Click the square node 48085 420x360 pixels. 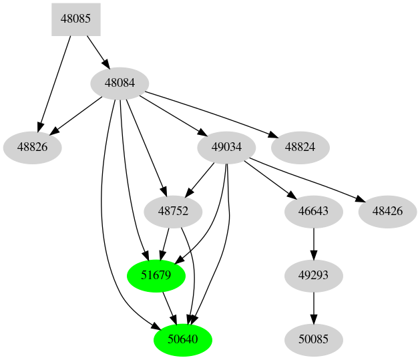[x=76, y=19]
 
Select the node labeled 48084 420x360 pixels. [x=120, y=83]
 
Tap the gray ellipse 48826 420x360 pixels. [x=32, y=146]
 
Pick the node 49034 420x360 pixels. [x=228, y=146]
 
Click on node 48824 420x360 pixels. [x=300, y=146]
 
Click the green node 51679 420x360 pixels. [x=156, y=275]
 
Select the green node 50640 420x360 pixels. [x=183, y=339]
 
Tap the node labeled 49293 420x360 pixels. [x=314, y=275]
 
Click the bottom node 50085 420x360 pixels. [x=314, y=339]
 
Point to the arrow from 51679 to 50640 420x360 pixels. [x=170, y=308]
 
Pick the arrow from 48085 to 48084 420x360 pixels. [x=97, y=51]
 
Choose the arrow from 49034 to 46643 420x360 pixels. [x=271, y=179]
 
